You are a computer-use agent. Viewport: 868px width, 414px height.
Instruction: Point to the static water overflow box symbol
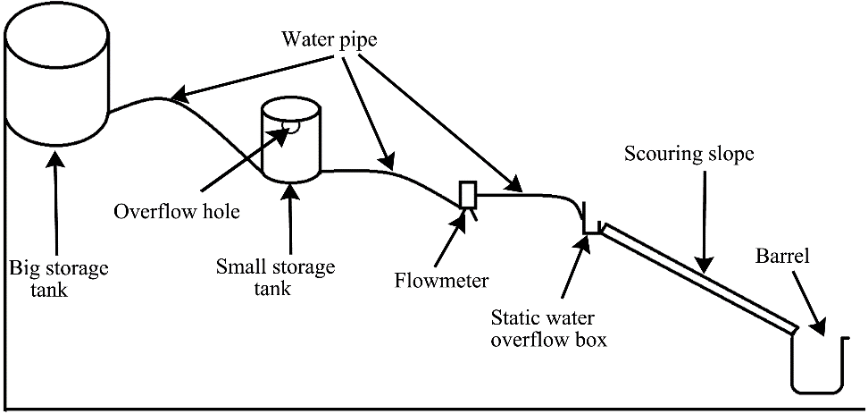click(x=591, y=224)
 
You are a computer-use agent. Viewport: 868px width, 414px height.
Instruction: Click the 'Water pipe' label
click(x=328, y=39)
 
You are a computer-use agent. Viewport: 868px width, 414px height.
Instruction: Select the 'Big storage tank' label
click(x=54, y=276)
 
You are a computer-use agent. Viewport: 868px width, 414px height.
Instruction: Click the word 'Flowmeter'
click(x=440, y=282)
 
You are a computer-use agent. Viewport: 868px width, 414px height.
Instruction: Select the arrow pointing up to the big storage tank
click(x=56, y=206)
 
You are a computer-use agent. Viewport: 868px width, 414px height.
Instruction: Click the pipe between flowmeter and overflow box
click(x=527, y=193)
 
